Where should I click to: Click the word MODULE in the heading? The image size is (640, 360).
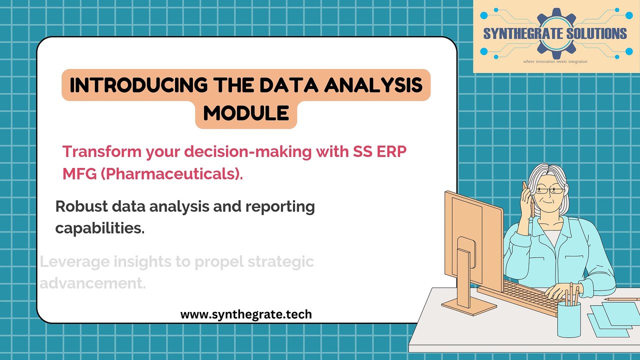(x=246, y=113)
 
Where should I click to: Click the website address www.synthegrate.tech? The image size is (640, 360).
(x=246, y=314)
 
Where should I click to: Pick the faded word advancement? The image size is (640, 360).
(x=93, y=283)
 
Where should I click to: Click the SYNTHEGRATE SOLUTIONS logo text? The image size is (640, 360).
(x=554, y=34)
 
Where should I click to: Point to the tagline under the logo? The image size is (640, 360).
(x=555, y=61)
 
